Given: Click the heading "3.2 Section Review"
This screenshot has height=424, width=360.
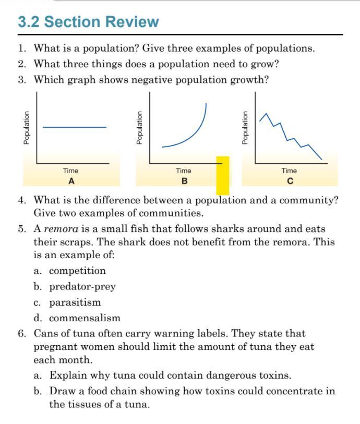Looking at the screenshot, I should point(88,22).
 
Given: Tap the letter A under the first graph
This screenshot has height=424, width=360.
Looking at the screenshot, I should point(71,181).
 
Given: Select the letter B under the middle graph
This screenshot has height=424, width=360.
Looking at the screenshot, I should point(184,181).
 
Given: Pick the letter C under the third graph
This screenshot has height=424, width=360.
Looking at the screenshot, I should point(290,181).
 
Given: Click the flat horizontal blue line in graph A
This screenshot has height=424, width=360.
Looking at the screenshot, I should point(74,127).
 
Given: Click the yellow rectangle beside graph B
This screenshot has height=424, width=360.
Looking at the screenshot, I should point(223,175).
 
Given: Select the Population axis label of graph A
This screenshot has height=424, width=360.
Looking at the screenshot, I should point(26,127).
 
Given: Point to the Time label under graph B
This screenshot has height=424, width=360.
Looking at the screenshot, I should point(184,171).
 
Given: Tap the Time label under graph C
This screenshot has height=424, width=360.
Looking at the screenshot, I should point(289,171).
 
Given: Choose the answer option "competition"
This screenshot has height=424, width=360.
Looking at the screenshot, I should point(77,271).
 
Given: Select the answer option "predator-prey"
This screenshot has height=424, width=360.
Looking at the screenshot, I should point(82,286).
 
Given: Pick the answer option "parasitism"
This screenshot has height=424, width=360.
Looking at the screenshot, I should point(75,302).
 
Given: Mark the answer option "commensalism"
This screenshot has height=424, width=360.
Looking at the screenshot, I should point(85,318).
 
